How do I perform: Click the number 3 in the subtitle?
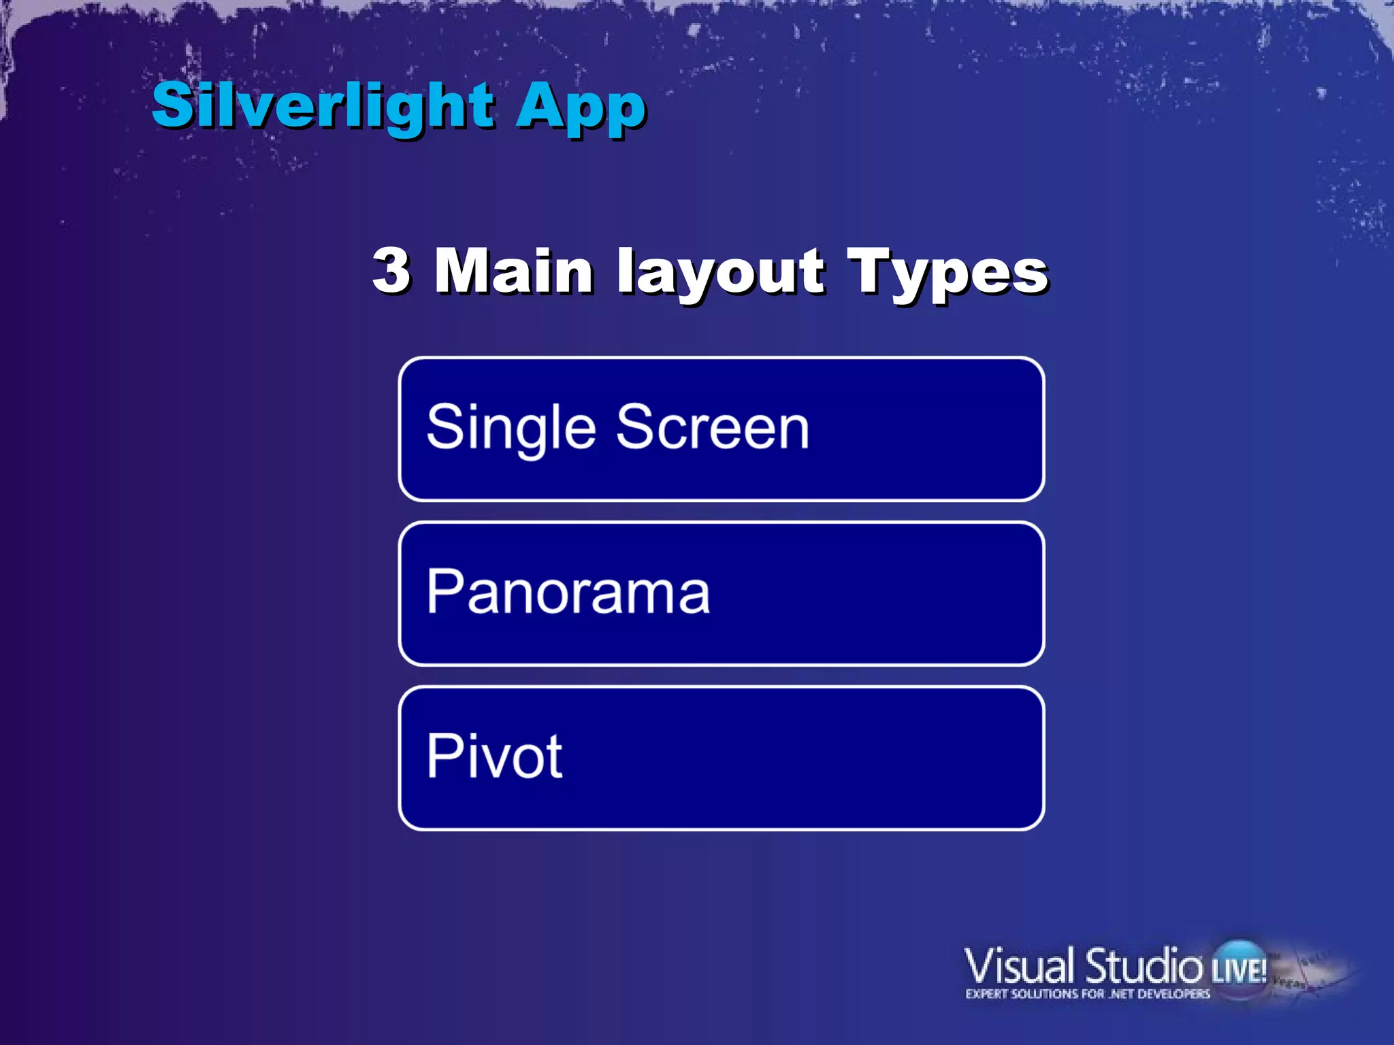tap(391, 271)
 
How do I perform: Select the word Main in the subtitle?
tap(514, 271)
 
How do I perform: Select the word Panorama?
tap(568, 592)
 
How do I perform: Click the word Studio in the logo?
tap(1144, 966)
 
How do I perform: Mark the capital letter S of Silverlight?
tap(170, 105)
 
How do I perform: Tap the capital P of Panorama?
tap(443, 591)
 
